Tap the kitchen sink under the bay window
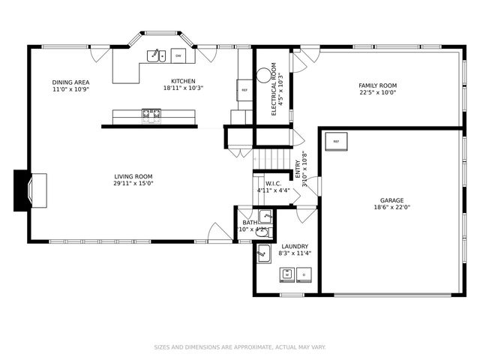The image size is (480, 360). [156, 55]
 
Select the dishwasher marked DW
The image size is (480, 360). [178, 55]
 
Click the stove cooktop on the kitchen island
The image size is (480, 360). [151, 115]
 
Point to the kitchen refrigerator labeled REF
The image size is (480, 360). [244, 90]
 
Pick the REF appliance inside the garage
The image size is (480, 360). [336, 141]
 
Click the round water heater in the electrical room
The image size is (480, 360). [263, 75]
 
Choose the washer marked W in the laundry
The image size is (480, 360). [286, 275]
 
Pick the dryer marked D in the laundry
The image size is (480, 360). [304, 275]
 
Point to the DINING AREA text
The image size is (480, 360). [71, 82]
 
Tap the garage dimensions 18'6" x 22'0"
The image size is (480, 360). [392, 208]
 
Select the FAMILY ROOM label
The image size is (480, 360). [377, 85]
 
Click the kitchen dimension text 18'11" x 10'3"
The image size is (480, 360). [183, 88]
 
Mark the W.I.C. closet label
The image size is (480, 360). [273, 184]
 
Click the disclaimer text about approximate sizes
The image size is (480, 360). [240, 347]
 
